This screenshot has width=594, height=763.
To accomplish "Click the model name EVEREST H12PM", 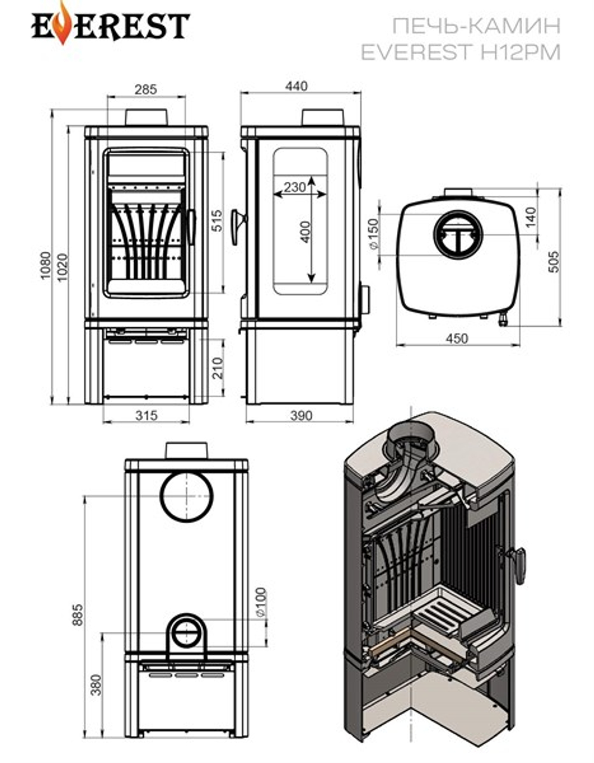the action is click(460, 52).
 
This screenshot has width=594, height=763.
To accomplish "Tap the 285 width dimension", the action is click(146, 90).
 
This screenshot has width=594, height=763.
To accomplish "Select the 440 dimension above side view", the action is click(296, 86).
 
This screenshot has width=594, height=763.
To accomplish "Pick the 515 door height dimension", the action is click(218, 220).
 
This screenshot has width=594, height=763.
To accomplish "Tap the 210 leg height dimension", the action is click(218, 368).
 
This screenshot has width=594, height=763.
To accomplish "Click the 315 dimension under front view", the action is click(146, 416).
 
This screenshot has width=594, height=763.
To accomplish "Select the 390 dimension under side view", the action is click(301, 416).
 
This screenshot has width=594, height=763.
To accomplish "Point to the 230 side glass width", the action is click(295, 187).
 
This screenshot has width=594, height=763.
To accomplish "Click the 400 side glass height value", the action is click(306, 232).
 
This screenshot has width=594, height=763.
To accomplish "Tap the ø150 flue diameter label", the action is click(374, 234).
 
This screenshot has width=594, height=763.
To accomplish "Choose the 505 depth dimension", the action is click(553, 261).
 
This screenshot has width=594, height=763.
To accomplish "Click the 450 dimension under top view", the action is click(457, 338).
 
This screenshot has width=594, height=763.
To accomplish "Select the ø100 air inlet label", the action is click(262, 602).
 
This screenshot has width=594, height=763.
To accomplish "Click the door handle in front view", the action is click(191, 227).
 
